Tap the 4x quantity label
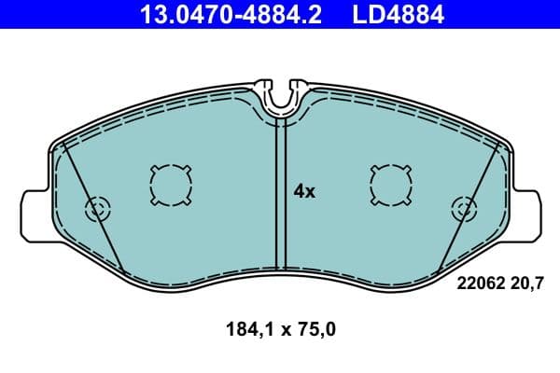[305, 191]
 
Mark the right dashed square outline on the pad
[389, 185]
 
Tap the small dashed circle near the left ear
[97, 209]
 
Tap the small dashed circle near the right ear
[462, 209]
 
